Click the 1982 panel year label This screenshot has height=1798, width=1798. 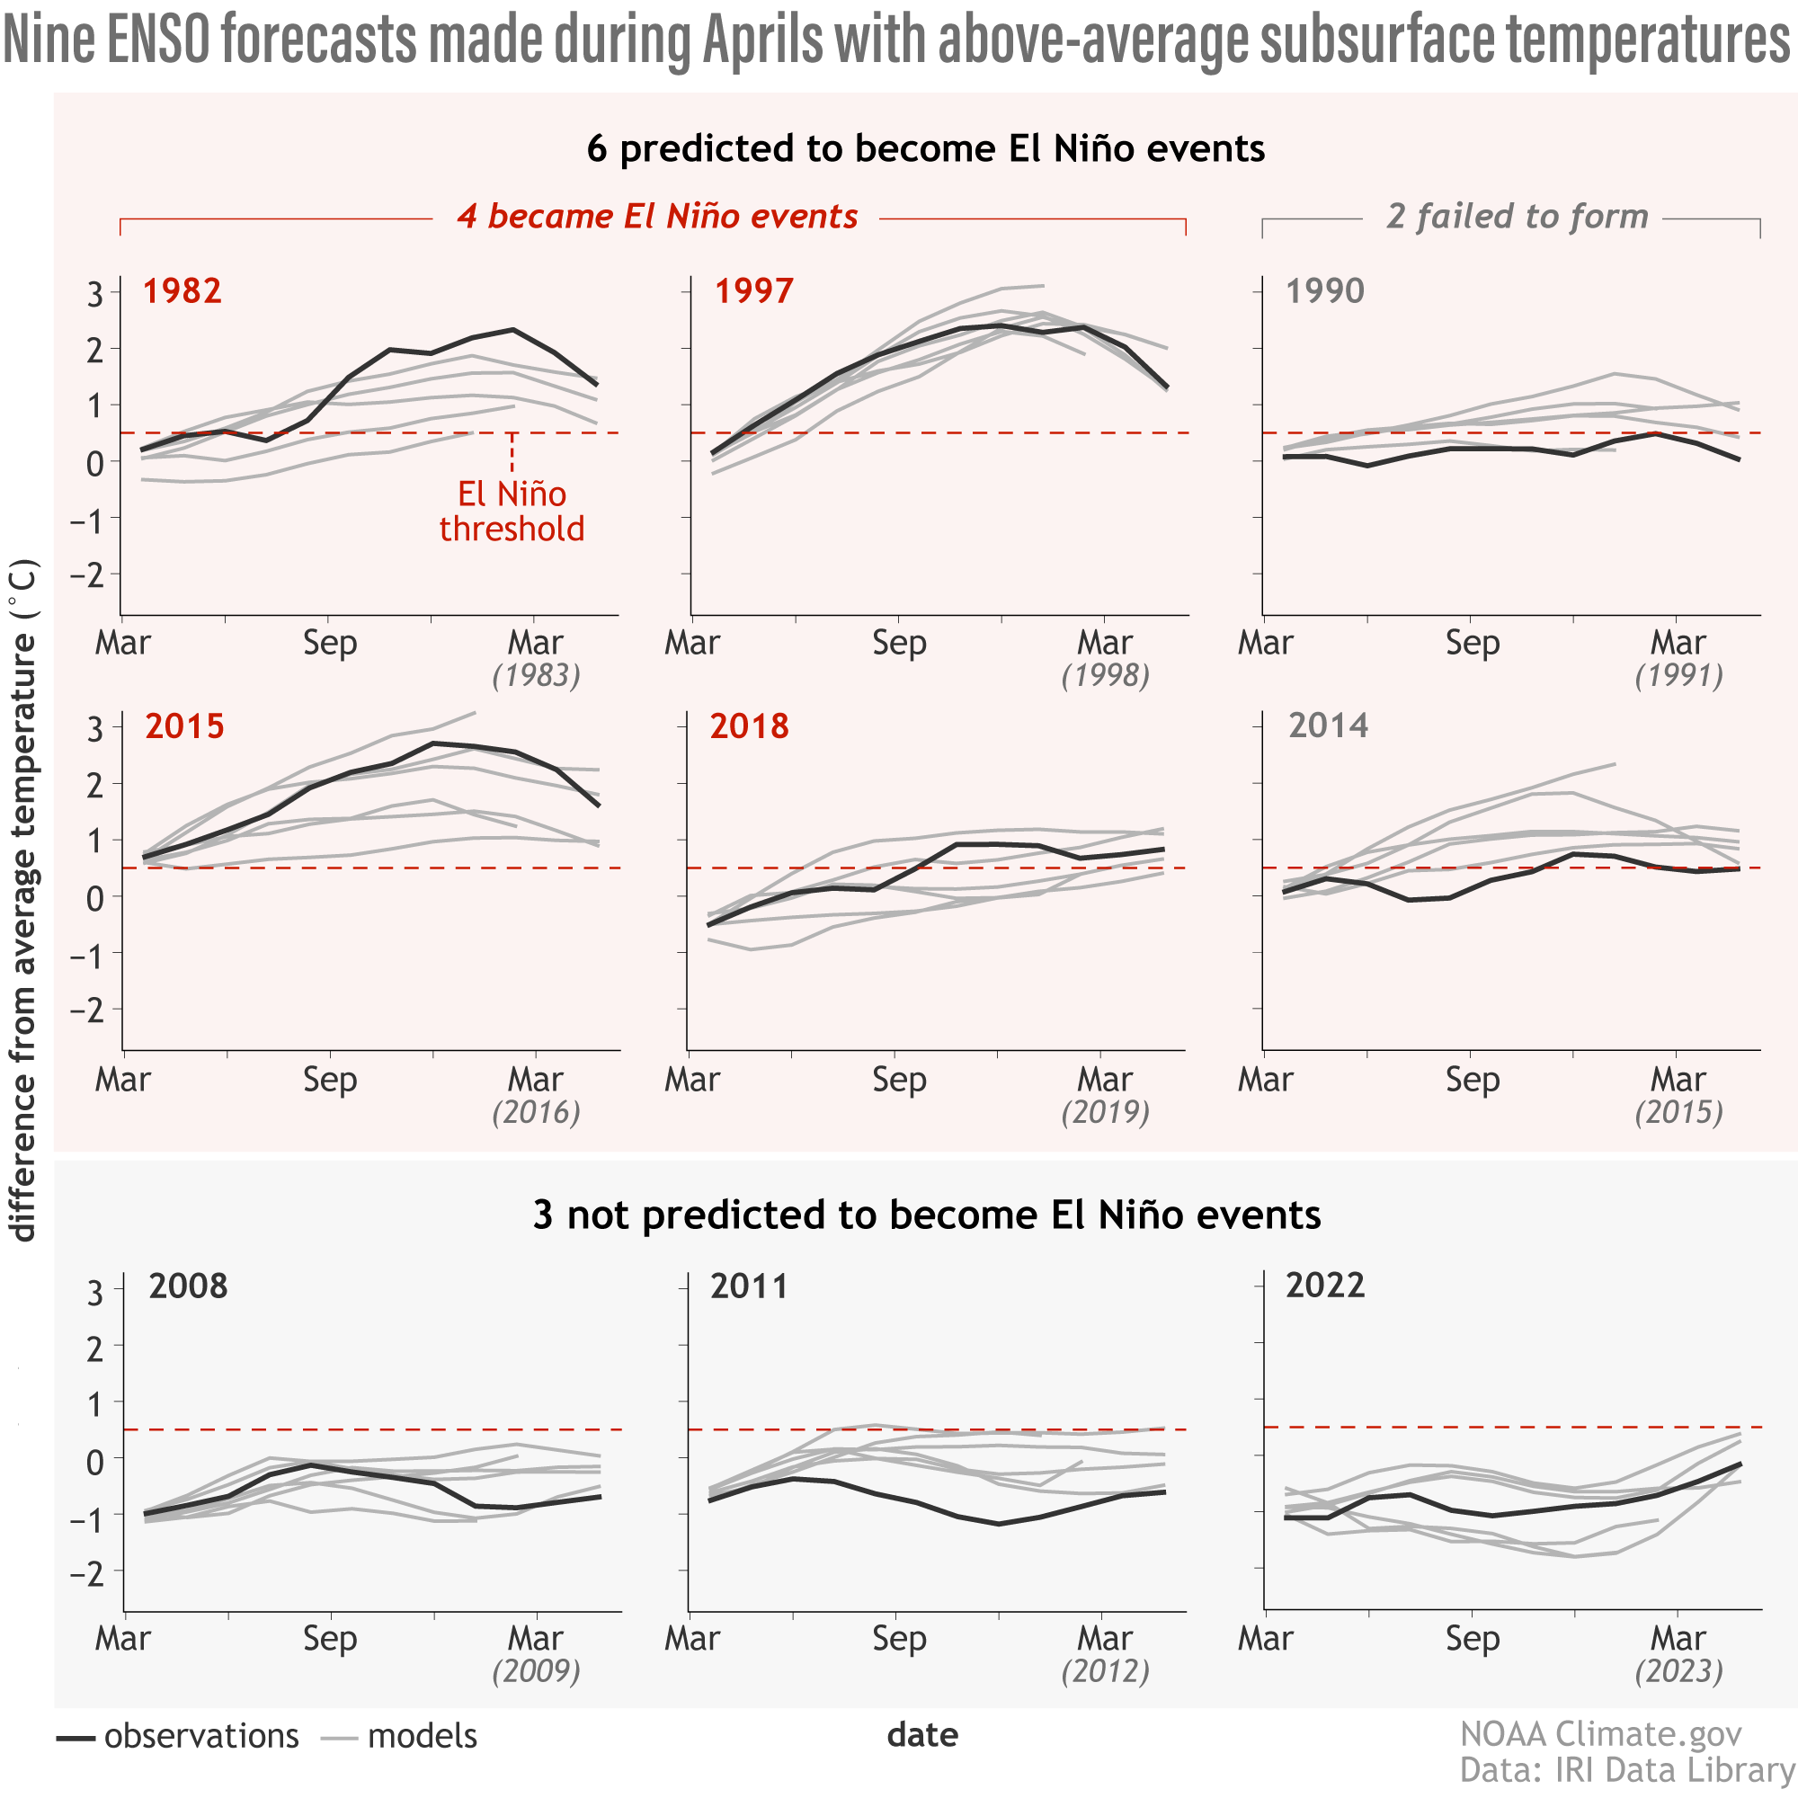(182, 291)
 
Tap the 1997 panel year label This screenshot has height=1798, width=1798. (754, 291)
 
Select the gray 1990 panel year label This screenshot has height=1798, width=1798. (1325, 291)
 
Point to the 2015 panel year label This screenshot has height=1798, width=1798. (184, 725)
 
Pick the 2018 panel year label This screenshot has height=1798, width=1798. (749, 725)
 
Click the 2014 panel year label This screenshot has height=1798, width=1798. (1328, 725)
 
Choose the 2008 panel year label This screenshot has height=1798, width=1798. (188, 1286)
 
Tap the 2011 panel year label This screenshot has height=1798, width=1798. (749, 1286)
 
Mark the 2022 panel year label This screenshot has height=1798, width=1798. (1325, 1286)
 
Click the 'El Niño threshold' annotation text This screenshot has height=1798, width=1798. (512, 511)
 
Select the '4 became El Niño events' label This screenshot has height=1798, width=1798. (657, 217)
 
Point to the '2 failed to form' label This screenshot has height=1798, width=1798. (1517, 217)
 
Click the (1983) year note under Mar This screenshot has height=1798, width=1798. (536, 676)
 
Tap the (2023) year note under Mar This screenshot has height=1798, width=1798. (1678, 1671)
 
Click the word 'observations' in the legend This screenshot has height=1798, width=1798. (201, 1737)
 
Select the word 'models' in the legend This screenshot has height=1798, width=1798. (422, 1737)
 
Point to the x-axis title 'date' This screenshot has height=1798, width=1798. (922, 1736)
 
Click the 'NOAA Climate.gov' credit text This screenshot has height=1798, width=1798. (1601, 1735)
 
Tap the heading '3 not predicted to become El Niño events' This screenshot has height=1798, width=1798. (927, 1215)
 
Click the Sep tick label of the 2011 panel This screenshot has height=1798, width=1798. (899, 1638)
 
